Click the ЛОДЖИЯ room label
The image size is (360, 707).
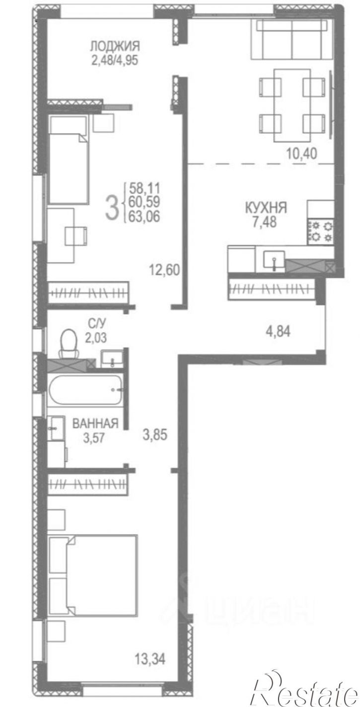point(115,46)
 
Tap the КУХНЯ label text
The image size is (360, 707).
point(266,208)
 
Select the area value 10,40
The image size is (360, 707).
point(301,154)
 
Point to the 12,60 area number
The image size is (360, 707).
point(164,270)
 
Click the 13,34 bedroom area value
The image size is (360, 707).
point(150,659)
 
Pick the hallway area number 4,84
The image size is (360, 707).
point(278,331)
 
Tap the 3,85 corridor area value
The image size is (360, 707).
point(154,435)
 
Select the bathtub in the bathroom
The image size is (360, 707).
point(85,390)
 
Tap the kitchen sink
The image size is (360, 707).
point(274,261)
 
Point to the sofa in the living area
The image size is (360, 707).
point(292,39)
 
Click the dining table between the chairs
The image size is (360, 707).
point(292,105)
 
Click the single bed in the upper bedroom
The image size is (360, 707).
point(68,159)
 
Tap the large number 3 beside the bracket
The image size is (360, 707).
point(112,207)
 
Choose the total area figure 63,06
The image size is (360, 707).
point(144,217)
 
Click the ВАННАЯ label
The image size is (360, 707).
point(95,424)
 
